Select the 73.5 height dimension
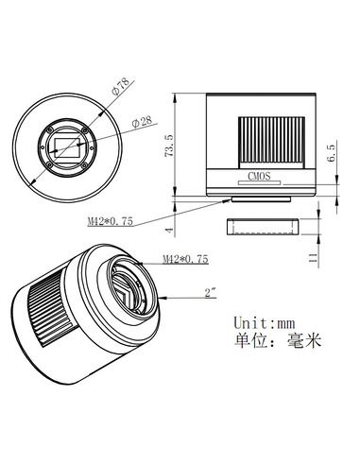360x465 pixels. (x=169, y=147)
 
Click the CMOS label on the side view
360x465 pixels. (x=260, y=175)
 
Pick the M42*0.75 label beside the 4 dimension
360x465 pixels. (x=108, y=222)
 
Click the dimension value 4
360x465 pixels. (x=169, y=229)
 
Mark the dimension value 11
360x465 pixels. (x=331, y=254)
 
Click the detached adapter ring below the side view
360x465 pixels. (x=262, y=226)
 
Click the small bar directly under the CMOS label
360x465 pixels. (x=261, y=186)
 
